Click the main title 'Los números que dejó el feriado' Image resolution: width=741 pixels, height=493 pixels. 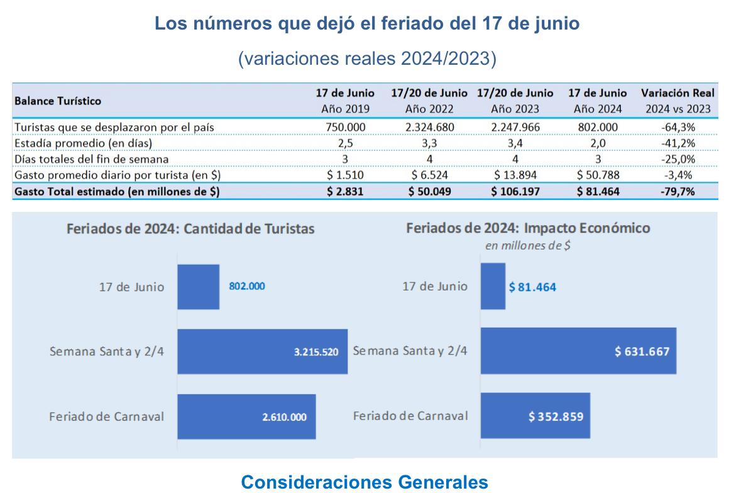point(367,25)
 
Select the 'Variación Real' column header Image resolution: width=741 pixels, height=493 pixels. point(678,93)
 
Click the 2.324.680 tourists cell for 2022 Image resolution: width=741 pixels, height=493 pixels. point(429,127)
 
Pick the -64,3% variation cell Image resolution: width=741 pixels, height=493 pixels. point(678,127)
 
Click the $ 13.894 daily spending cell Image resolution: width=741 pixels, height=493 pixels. point(515,175)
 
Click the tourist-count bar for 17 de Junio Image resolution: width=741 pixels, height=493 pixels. point(198,287)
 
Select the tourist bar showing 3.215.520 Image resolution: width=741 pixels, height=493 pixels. point(262,352)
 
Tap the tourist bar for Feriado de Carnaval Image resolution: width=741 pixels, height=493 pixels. point(246,416)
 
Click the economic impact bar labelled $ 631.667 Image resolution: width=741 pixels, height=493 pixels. point(578,351)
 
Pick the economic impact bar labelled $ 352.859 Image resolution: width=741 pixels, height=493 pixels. point(535,416)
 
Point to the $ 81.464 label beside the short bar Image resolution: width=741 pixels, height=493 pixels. point(532,287)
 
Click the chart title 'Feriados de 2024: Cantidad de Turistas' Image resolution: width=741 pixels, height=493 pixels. point(190,229)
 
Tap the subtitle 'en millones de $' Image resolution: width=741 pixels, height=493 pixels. point(527,246)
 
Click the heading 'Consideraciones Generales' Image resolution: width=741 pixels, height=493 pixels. point(365,482)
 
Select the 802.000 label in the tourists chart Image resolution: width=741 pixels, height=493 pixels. point(246,286)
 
